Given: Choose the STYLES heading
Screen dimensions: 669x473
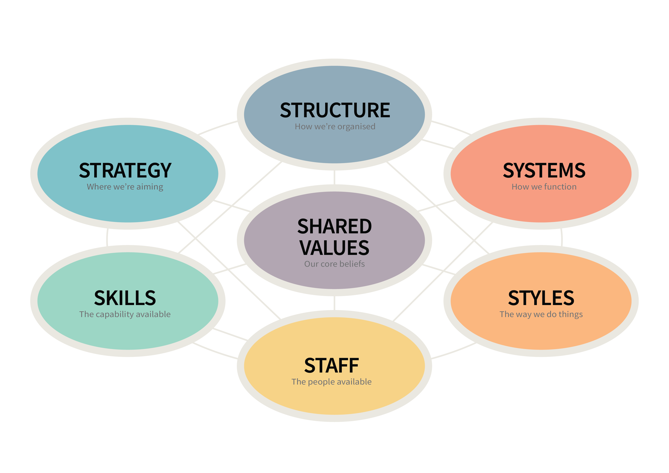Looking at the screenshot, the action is click(x=541, y=298).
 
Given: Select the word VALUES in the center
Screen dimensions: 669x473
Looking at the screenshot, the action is click(x=334, y=248).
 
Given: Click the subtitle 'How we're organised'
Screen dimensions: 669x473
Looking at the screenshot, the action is click(x=335, y=127).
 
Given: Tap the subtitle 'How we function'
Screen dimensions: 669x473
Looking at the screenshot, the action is click(x=544, y=187).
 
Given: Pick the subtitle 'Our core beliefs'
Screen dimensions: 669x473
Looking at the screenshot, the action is click(x=334, y=264).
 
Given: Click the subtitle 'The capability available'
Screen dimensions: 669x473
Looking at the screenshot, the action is click(x=125, y=314).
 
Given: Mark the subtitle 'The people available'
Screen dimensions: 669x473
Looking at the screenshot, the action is click(x=332, y=382).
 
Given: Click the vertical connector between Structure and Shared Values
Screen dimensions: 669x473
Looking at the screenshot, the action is click(x=334, y=177).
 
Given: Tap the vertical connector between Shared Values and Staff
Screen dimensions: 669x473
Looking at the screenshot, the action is click(x=334, y=303).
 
